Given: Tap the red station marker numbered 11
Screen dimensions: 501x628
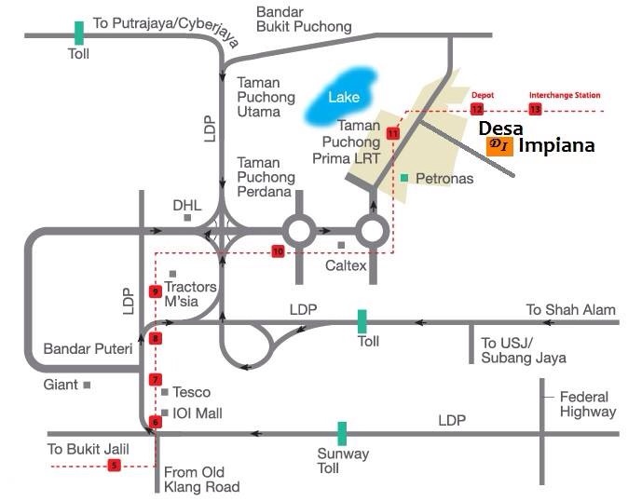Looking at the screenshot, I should [392, 134].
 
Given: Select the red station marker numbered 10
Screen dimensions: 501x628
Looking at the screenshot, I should [278, 251].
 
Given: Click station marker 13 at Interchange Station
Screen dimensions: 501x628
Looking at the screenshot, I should [535, 109].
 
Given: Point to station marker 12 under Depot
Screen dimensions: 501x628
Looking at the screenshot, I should [477, 110].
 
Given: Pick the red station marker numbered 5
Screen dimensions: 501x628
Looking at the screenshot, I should [115, 465].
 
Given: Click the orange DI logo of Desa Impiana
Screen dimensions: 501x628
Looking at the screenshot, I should [496, 145].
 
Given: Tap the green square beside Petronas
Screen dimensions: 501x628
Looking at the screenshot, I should [403, 177].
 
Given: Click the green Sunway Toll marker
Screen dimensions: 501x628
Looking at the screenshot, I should [343, 433].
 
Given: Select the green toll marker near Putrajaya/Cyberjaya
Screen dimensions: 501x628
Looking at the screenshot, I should [79, 34].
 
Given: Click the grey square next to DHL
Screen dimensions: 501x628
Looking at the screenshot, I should [187, 217].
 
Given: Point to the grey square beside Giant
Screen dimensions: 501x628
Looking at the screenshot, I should [87, 384].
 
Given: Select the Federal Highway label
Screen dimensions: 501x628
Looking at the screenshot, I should [587, 403].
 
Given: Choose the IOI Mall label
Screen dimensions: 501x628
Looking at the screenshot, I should [198, 413].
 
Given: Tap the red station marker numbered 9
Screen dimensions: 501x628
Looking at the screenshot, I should [156, 291].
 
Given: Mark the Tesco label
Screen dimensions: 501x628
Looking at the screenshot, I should [192, 392].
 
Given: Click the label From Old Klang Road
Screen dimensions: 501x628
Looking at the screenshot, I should [201, 480].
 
